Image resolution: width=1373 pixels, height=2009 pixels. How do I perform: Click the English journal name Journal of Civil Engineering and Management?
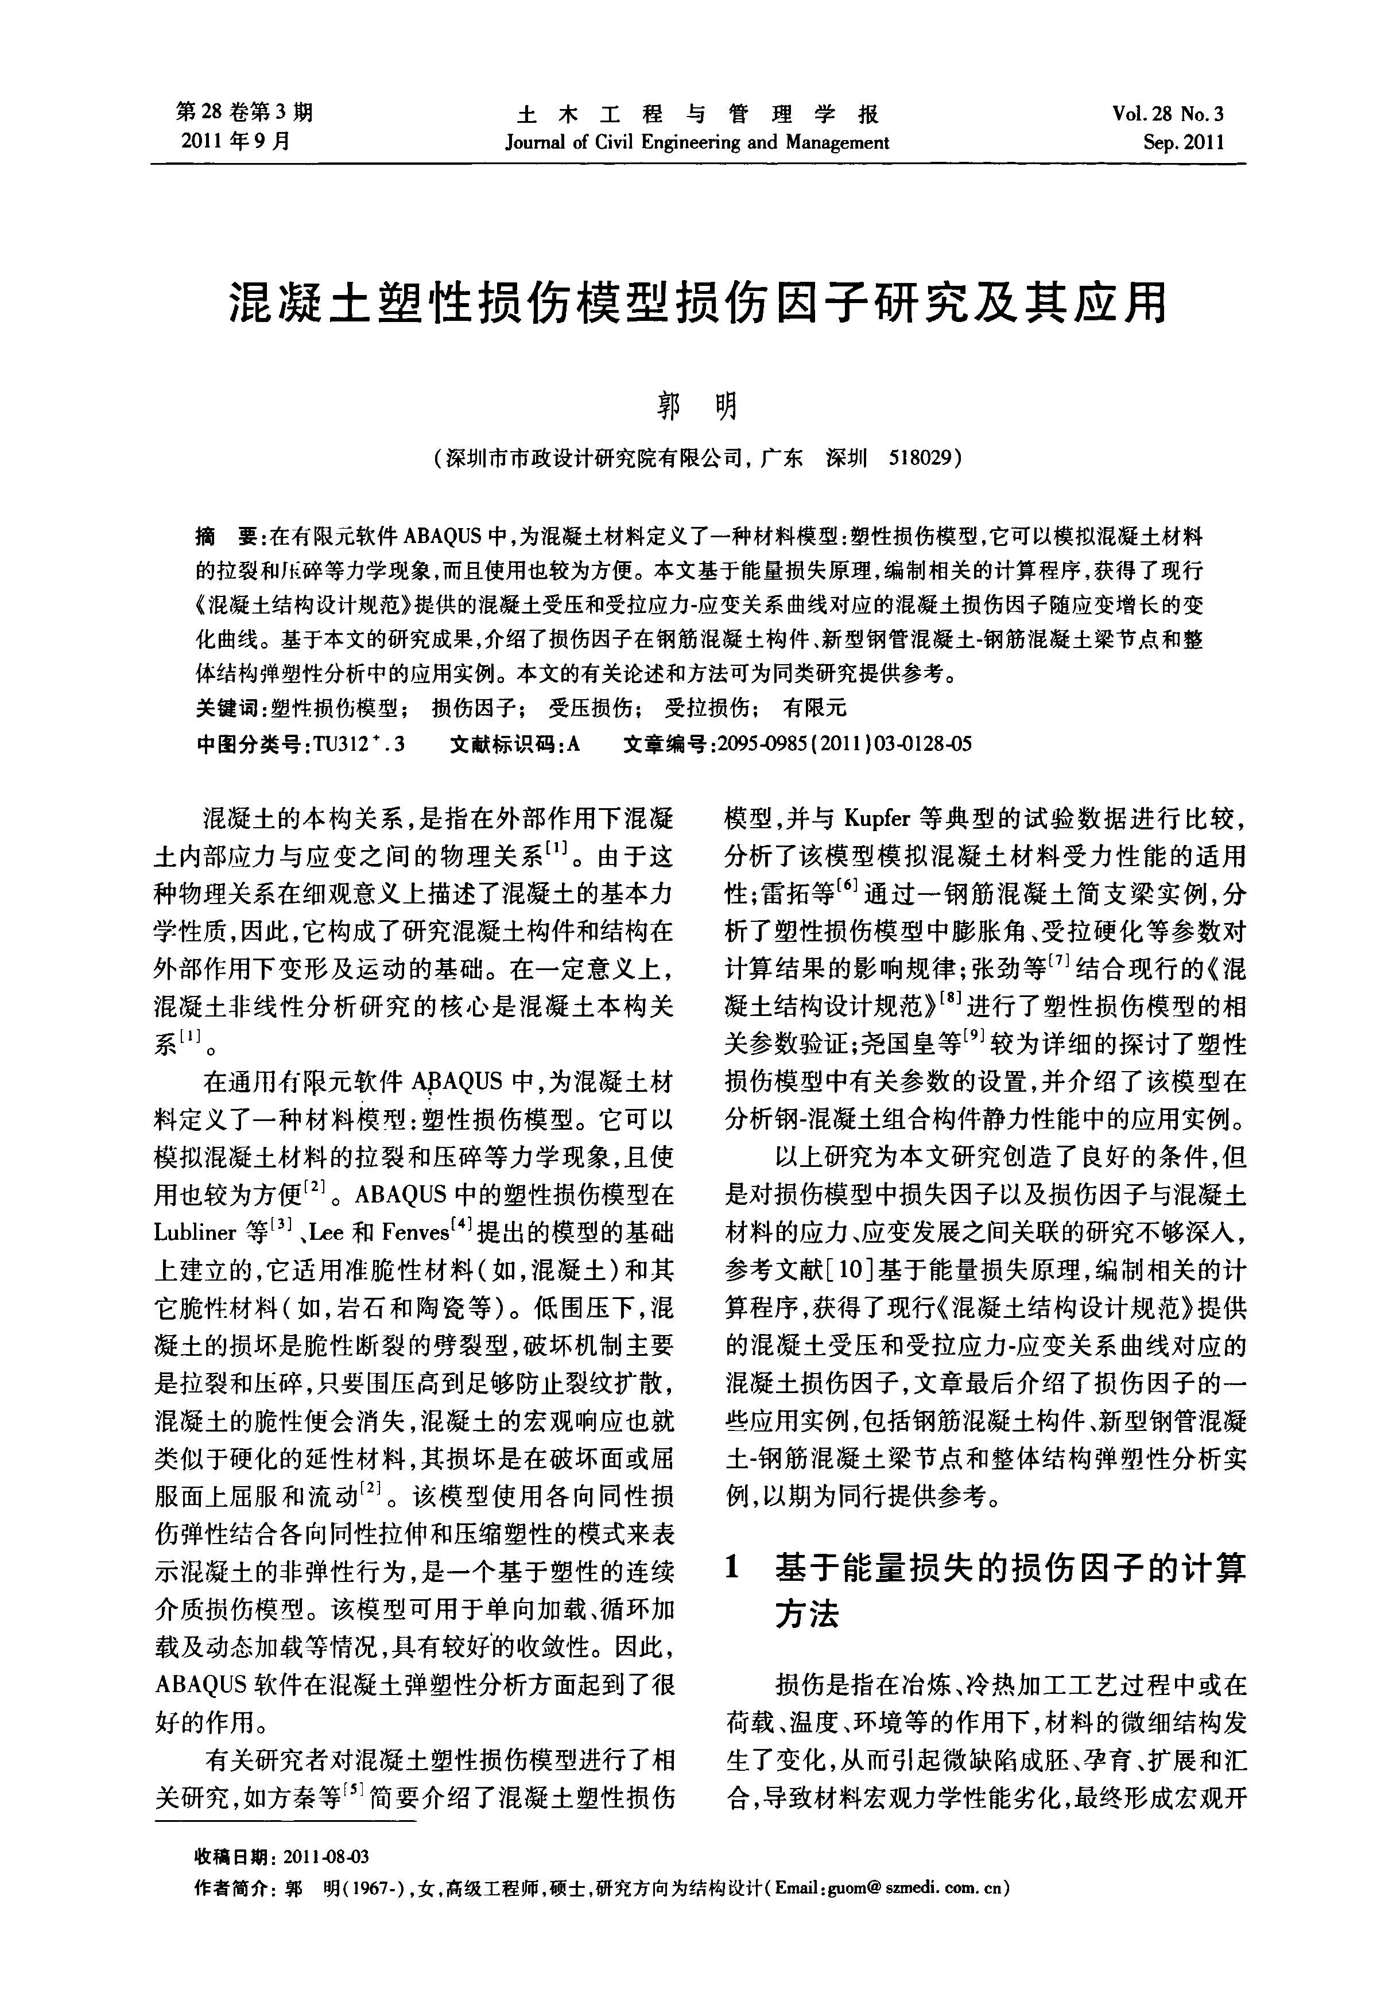pos(697,142)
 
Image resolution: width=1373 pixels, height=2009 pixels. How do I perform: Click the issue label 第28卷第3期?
pos(244,113)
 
